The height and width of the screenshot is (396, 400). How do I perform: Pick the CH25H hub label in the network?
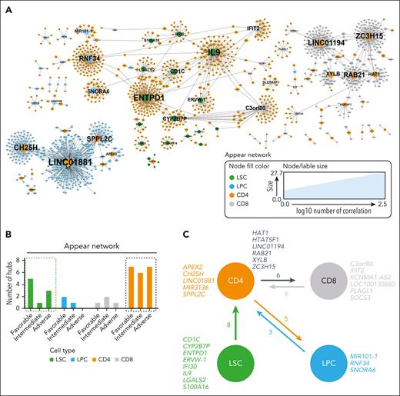(x=26, y=146)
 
